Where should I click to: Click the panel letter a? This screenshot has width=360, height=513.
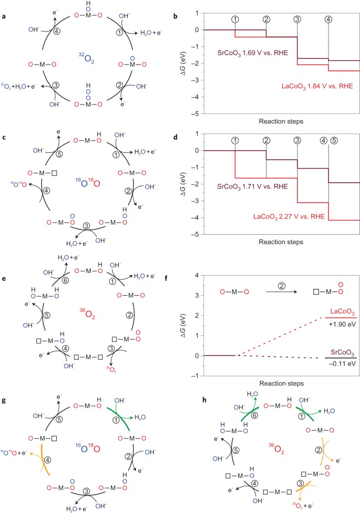pos(5,7)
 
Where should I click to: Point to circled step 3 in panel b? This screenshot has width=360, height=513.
pos(297,19)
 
